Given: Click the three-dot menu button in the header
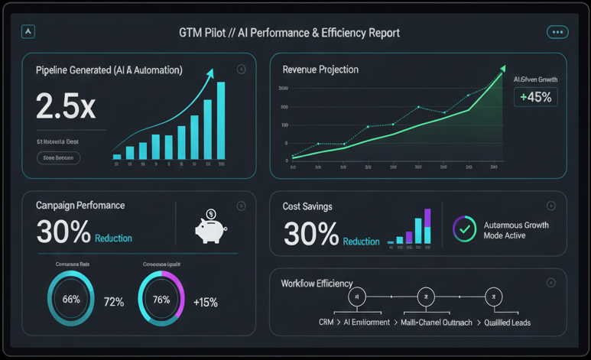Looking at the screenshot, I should point(557,32).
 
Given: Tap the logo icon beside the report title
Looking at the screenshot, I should point(29,31).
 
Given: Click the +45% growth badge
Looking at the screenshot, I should point(535,97).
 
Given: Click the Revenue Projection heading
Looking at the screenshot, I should point(320,70).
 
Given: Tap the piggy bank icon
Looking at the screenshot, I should point(209,227).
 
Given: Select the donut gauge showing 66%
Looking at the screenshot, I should point(71,300).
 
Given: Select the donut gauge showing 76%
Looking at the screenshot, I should point(161,300).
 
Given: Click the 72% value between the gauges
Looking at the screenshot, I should point(114,302).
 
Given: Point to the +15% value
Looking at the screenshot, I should point(206,302).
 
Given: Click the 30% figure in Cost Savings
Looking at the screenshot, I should point(310,234).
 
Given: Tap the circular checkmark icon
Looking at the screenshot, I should point(465,229).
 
